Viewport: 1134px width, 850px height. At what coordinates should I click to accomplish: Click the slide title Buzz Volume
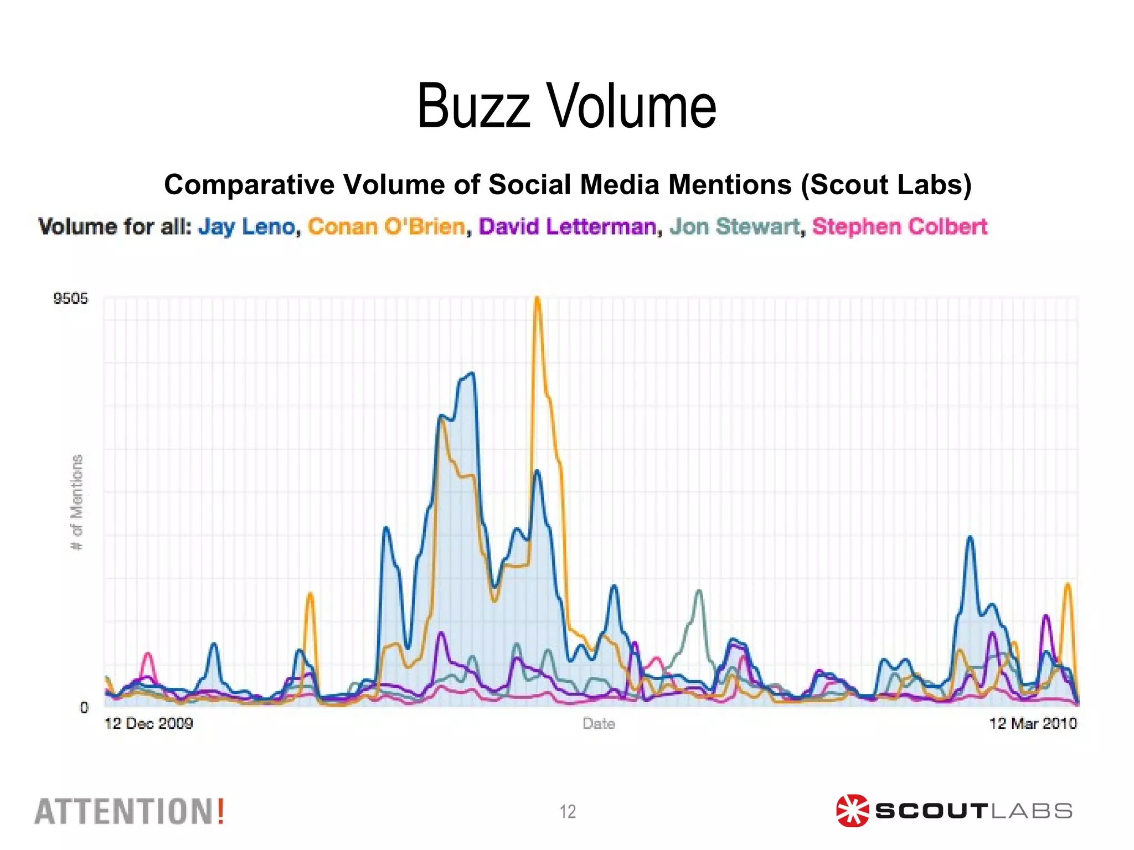pos(566,106)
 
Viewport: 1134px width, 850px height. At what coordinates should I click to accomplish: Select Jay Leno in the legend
pos(246,227)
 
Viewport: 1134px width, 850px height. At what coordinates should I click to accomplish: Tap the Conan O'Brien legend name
pos(386,227)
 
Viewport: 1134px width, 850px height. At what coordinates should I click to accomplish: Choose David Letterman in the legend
pos(568,227)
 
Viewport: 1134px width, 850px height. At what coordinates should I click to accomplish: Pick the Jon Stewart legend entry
pos(735,227)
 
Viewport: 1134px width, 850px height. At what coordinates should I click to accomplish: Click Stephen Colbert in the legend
pos(900,227)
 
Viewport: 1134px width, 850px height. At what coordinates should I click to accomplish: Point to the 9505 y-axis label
pos(70,299)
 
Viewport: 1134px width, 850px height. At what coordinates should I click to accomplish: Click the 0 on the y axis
pos(84,707)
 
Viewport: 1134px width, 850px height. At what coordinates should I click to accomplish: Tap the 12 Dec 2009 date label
pos(148,724)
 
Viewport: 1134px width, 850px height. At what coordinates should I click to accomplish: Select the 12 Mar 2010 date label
pos(1033,724)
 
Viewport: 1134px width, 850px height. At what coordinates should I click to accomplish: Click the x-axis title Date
pos(599,724)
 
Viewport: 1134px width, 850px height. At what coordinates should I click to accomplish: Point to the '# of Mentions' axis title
pos(77,502)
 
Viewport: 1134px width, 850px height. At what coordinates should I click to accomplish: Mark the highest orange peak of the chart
pos(537,299)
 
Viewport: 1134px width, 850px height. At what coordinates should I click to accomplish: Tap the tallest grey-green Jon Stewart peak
pos(699,590)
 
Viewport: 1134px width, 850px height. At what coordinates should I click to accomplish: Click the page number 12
pos(568,812)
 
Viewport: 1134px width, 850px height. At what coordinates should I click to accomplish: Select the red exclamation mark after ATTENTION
pos(220,812)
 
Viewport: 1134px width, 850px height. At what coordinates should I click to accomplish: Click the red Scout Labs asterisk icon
pos(852,811)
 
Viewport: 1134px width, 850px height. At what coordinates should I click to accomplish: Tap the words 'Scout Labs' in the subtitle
pos(885,185)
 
